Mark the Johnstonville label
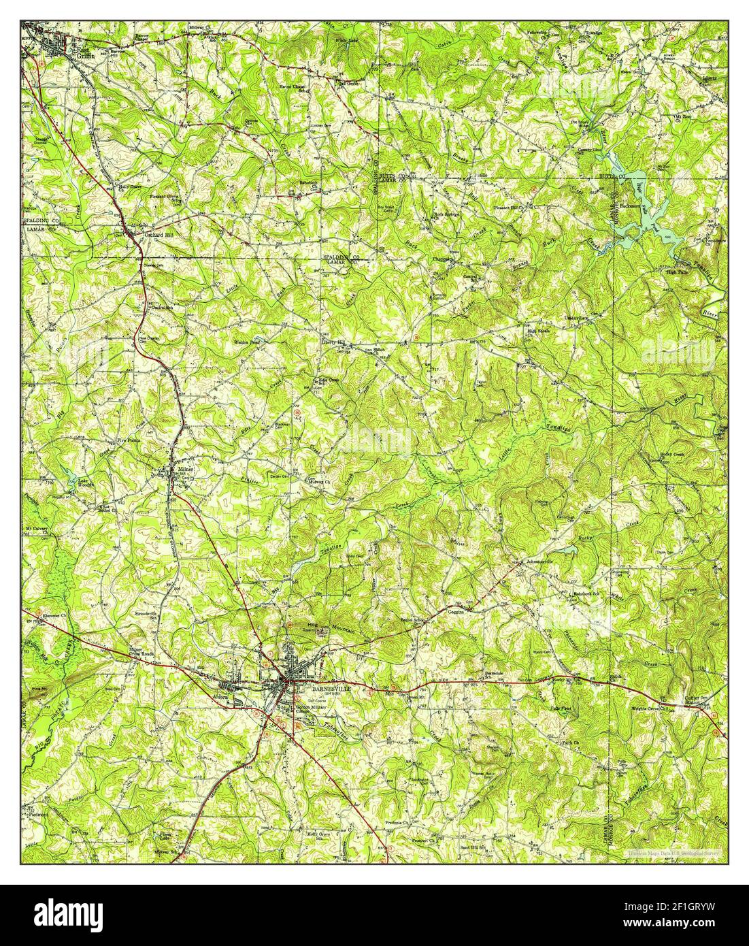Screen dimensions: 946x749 (x=537, y=561)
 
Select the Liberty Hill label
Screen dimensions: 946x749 (x=333, y=342)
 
